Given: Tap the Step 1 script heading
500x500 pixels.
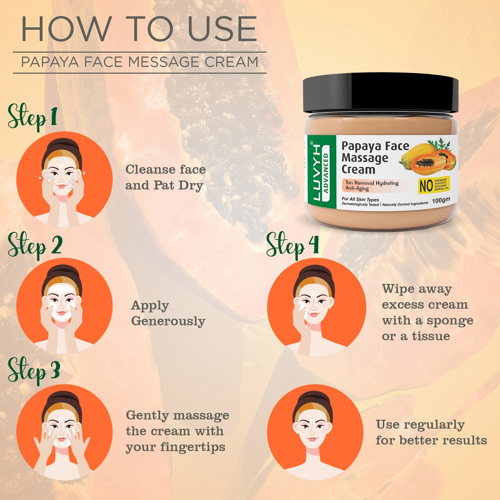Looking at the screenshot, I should click(x=32, y=117).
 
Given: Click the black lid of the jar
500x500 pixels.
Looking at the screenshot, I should click(x=380, y=93).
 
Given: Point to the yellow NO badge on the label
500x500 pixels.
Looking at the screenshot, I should click(x=434, y=185).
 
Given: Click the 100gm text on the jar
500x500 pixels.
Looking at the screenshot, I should click(x=441, y=200).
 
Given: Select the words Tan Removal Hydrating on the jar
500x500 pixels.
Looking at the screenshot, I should click(x=372, y=183).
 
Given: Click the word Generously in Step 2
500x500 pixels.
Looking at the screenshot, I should click(x=168, y=321).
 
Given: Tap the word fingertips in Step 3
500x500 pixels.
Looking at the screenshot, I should click(x=192, y=447).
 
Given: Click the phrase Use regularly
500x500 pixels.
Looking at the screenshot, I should click(x=420, y=425).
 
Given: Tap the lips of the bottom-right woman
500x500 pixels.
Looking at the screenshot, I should click(x=313, y=439).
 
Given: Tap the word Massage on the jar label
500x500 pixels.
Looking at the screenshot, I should click(x=365, y=158).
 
